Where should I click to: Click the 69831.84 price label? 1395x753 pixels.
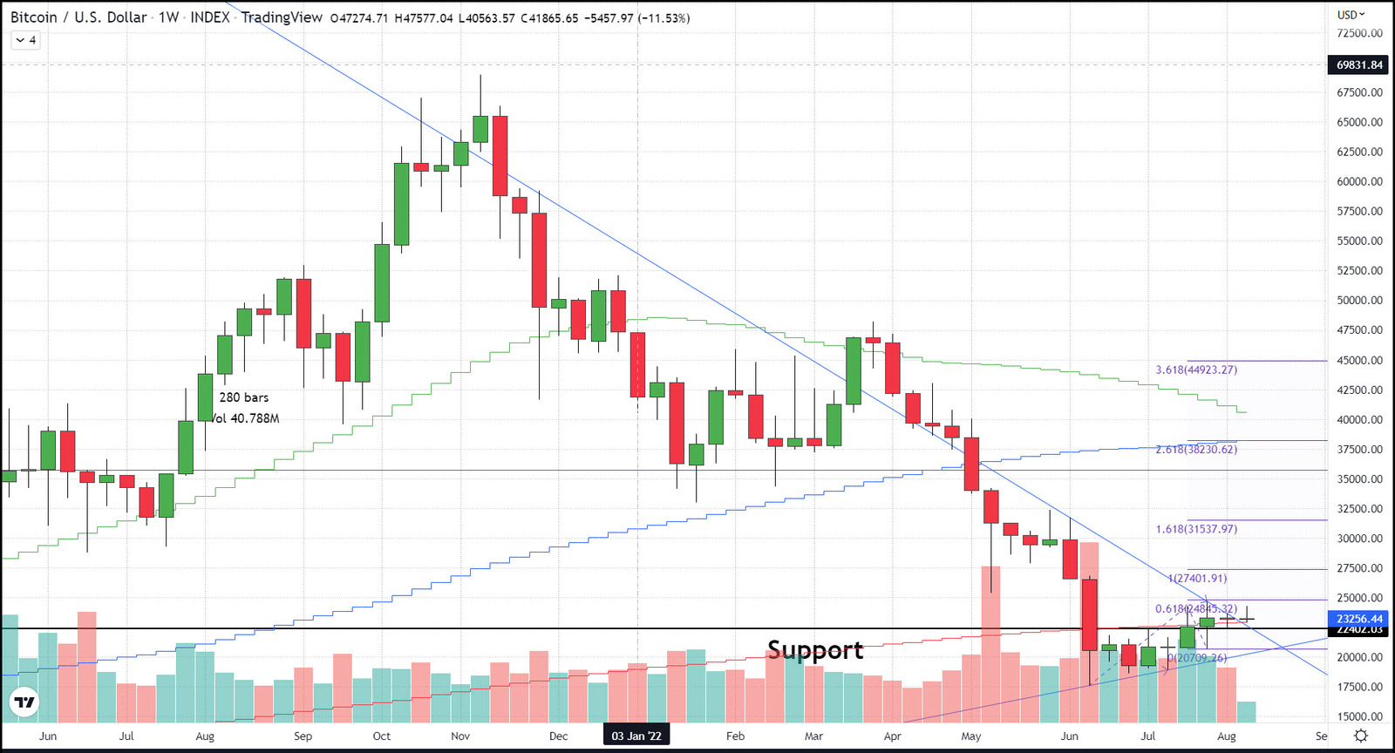point(1359,65)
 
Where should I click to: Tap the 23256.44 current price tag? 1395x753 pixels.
point(1359,619)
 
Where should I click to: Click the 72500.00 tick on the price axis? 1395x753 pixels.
point(1359,33)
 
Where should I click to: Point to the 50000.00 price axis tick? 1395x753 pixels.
point(1359,301)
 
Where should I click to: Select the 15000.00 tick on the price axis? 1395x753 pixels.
point(1359,717)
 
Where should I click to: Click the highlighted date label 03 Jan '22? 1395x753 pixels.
point(636,736)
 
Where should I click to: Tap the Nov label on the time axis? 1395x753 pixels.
point(460,736)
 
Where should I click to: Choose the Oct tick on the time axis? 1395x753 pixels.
point(382,736)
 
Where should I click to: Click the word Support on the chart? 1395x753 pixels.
point(815,650)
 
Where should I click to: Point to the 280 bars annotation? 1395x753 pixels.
point(244,397)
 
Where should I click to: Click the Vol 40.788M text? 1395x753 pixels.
point(245,418)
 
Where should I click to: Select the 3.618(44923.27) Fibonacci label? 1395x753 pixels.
point(1196,370)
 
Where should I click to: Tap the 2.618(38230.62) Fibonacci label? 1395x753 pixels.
point(1196,450)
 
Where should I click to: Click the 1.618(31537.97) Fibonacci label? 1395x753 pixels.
point(1196,529)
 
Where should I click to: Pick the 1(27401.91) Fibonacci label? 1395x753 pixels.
point(1197,578)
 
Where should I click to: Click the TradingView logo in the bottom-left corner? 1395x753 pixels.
point(24,702)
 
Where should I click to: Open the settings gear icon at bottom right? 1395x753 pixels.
point(1360,736)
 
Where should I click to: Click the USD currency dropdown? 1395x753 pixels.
point(1351,15)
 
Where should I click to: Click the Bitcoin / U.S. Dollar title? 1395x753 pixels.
point(78,17)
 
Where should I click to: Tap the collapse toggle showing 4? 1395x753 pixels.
point(26,40)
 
